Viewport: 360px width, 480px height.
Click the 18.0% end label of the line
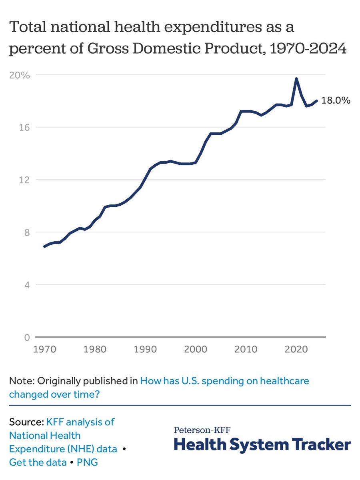(x=336, y=101)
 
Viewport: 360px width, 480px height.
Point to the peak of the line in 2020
(x=296, y=78)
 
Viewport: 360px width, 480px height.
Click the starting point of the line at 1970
(x=44, y=246)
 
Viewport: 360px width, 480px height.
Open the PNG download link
(x=87, y=462)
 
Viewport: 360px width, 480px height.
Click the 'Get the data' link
(x=38, y=462)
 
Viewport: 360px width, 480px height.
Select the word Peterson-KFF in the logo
(x=202, y=430)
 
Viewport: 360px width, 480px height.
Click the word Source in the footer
(x=26, y=422)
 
